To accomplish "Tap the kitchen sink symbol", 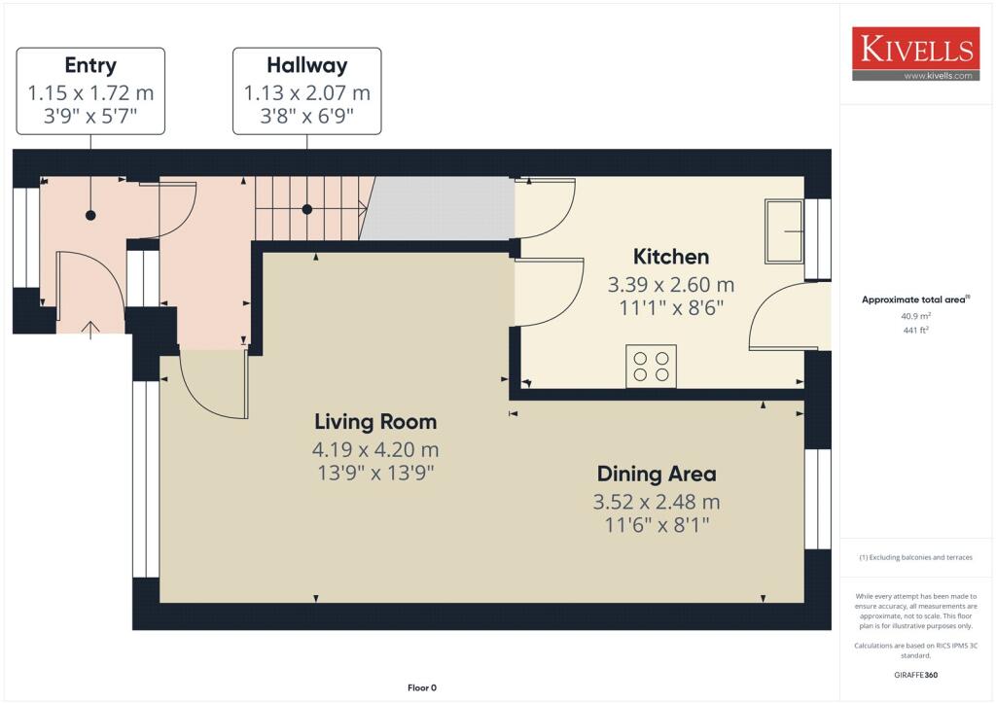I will (x=784, y=231).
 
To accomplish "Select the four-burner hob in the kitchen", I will (x=651, y=367).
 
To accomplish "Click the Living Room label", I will (x=375, y=422).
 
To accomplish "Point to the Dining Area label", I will (x=657, y=475).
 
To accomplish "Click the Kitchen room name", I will (x=671, y=257).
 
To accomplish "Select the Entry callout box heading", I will (x=90, y=66).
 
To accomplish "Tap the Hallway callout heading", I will (x=306, y=66).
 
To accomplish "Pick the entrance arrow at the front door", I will (x=91, y=329).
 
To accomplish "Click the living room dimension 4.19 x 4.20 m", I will (x=375, y=450).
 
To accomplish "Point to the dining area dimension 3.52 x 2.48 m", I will (x=657, y=503).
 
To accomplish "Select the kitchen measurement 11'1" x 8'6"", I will (x=671, y=307).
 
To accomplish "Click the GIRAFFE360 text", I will (x=915, y=675).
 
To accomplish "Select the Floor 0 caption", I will (x=422, y=688).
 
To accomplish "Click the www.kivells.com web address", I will (x=939, y=75).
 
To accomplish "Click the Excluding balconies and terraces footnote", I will (x=915, y=558).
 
